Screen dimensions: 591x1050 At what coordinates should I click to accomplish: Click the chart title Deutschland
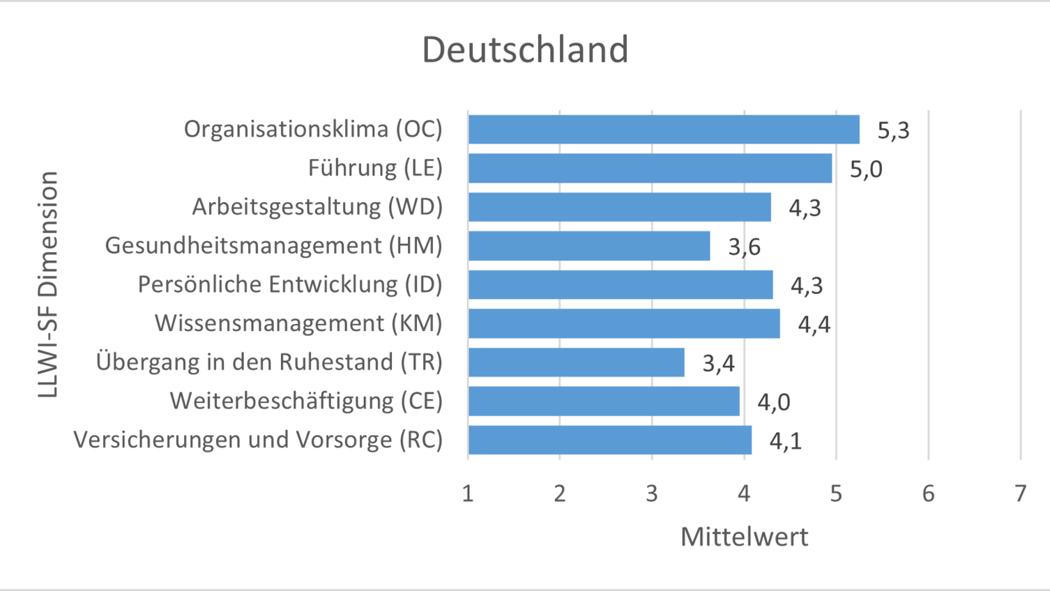point(525,49)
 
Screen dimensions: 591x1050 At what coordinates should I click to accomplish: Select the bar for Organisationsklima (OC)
point(663,130)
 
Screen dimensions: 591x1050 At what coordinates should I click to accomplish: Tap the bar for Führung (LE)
point(650,168)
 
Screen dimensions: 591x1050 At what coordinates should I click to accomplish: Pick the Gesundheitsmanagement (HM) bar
point(589,246)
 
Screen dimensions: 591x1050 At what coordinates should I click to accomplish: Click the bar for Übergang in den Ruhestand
point(576,362)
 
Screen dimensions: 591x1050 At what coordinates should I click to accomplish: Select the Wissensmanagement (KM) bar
point(624,323)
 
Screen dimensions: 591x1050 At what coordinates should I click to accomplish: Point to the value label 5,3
point(893,130)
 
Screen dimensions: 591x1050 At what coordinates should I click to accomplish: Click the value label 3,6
point(744,247)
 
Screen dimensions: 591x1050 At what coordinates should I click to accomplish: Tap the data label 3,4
point(718,363)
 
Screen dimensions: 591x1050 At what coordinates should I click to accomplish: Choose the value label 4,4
point(814,325)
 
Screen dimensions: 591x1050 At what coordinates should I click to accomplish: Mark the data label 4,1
point(785,441)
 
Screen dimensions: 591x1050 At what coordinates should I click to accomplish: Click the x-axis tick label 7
point(1020,493)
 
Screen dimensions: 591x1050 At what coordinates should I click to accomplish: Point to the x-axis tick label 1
point(468,493)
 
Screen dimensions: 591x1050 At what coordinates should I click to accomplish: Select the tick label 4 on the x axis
point(744,493)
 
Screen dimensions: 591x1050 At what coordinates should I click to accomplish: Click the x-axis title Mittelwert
point(744,537)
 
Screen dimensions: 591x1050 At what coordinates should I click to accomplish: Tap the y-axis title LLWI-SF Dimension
point(48,284)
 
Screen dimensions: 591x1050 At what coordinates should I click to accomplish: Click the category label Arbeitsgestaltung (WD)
point(317,207)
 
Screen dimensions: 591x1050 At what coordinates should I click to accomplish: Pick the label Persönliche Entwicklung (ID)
point(290,284)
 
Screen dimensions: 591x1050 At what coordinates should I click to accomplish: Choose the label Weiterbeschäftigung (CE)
point(306,401)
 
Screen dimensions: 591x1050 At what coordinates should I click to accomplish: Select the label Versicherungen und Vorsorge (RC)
point(258,440)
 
